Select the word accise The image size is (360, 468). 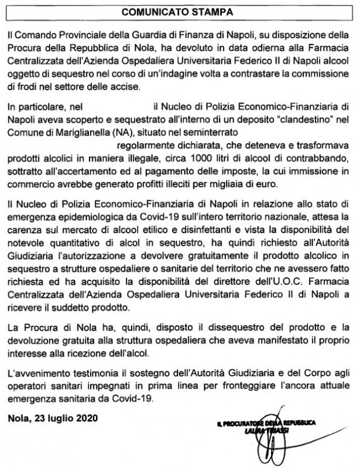tap(123, 87)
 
